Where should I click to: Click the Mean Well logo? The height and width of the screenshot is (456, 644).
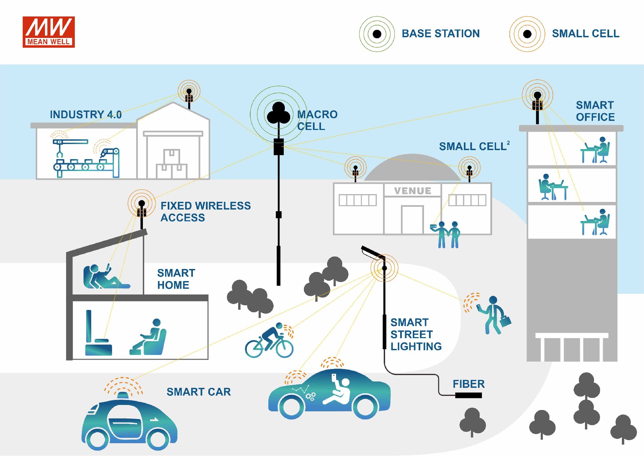click(x=49, y=32)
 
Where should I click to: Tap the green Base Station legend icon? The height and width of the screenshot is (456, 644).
click(x=377, y=34)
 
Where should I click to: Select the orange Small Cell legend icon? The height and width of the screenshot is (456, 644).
click(x=527, y=34)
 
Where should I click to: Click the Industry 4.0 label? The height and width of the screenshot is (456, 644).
click(x=86, y=115)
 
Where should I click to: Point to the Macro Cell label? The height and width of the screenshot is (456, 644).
click(x=317, y=120)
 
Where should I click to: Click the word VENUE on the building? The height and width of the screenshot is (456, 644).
click(x=413, y=191)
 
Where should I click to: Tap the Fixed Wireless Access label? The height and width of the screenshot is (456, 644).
click(x=205, y=212)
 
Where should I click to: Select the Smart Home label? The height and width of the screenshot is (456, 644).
click(x=176, y=279)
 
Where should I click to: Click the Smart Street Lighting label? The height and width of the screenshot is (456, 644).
click(x=416, y=334)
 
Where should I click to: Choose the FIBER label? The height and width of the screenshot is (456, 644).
click(x=469, y=384)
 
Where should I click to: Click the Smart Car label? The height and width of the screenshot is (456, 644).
click(x=199, y=392)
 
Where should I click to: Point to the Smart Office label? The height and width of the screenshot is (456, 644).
click(x=595, y=111)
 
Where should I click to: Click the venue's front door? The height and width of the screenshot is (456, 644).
click(x=412, y=220)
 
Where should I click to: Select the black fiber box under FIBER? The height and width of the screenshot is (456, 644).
click(x=468, y=396)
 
